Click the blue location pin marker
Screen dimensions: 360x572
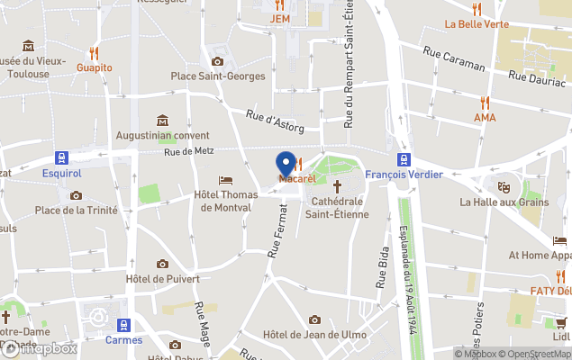point(286,165)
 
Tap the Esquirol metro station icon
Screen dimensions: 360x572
point(61,157)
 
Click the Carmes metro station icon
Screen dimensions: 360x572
point(124,324)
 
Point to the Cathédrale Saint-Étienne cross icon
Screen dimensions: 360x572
point(339,186)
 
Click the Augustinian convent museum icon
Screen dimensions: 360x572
point(162,121)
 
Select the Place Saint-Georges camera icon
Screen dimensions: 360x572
point(217,61)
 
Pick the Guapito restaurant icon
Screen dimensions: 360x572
point(94,52)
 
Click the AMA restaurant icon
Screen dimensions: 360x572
point(485,103)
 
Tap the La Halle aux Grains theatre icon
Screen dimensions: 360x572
point(504,185)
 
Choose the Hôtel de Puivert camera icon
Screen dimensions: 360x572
point(162,264)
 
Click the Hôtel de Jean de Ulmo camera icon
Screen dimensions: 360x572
point(314,319)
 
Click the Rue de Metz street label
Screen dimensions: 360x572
point(188,151)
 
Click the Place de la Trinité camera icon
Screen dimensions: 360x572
point(76,195)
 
